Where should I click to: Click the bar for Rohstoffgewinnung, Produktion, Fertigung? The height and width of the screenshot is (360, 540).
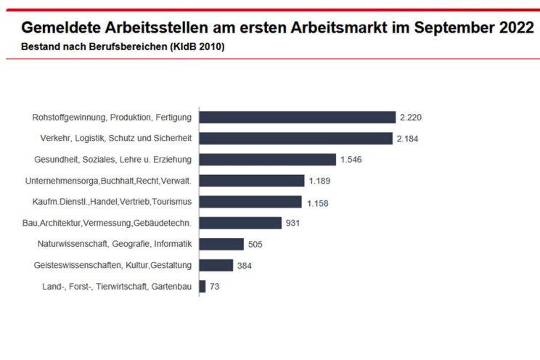pos(298,117)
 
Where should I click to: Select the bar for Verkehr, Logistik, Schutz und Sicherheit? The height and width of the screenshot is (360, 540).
pos(296,138)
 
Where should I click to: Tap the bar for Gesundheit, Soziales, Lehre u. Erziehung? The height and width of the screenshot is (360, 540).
pos(268,159)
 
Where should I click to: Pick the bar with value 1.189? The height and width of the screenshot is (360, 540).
pos(252,181)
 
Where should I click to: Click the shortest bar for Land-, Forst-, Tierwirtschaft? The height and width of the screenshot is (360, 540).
pos(202,286)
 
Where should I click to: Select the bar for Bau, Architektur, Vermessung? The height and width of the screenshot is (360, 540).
pos(240,223)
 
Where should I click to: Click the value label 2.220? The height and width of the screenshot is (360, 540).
pos(408,118)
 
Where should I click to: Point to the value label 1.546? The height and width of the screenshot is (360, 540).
pos(350,160)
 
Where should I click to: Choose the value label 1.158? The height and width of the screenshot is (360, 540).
pos(318,203)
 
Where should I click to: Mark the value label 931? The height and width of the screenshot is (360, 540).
pos(292,224)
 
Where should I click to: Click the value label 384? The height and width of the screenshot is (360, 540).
pos(245,266)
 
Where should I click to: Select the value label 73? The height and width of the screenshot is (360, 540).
pos(215,287)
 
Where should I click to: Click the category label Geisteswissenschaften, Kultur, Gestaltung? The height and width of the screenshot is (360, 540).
pos(113,265)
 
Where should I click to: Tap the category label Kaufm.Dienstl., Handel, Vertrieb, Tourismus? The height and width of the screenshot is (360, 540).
pos(112,202)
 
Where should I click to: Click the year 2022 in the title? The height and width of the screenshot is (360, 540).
pos(507,28)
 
